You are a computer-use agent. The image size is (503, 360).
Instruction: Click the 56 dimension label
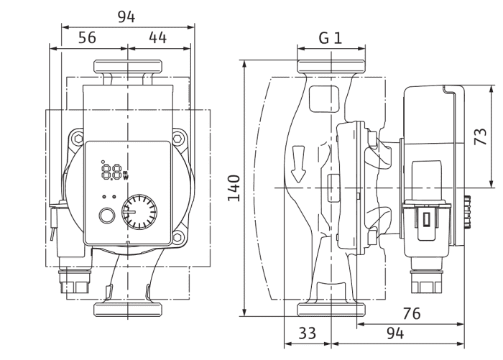pos(87,37)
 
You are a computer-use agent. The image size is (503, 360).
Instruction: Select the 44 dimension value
pos(158,37)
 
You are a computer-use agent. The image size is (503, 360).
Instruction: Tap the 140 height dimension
pos(234,188)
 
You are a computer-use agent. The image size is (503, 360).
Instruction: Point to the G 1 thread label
pos(331,38)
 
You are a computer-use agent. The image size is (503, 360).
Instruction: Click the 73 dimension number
pos(481,137)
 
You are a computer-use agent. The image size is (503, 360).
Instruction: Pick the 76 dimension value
pos(412,313)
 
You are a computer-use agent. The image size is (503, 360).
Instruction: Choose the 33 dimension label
pos(308,333)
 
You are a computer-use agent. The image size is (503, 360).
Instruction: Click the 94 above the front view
pos(126,17)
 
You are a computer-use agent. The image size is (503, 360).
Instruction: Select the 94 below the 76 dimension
pos(395,333)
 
